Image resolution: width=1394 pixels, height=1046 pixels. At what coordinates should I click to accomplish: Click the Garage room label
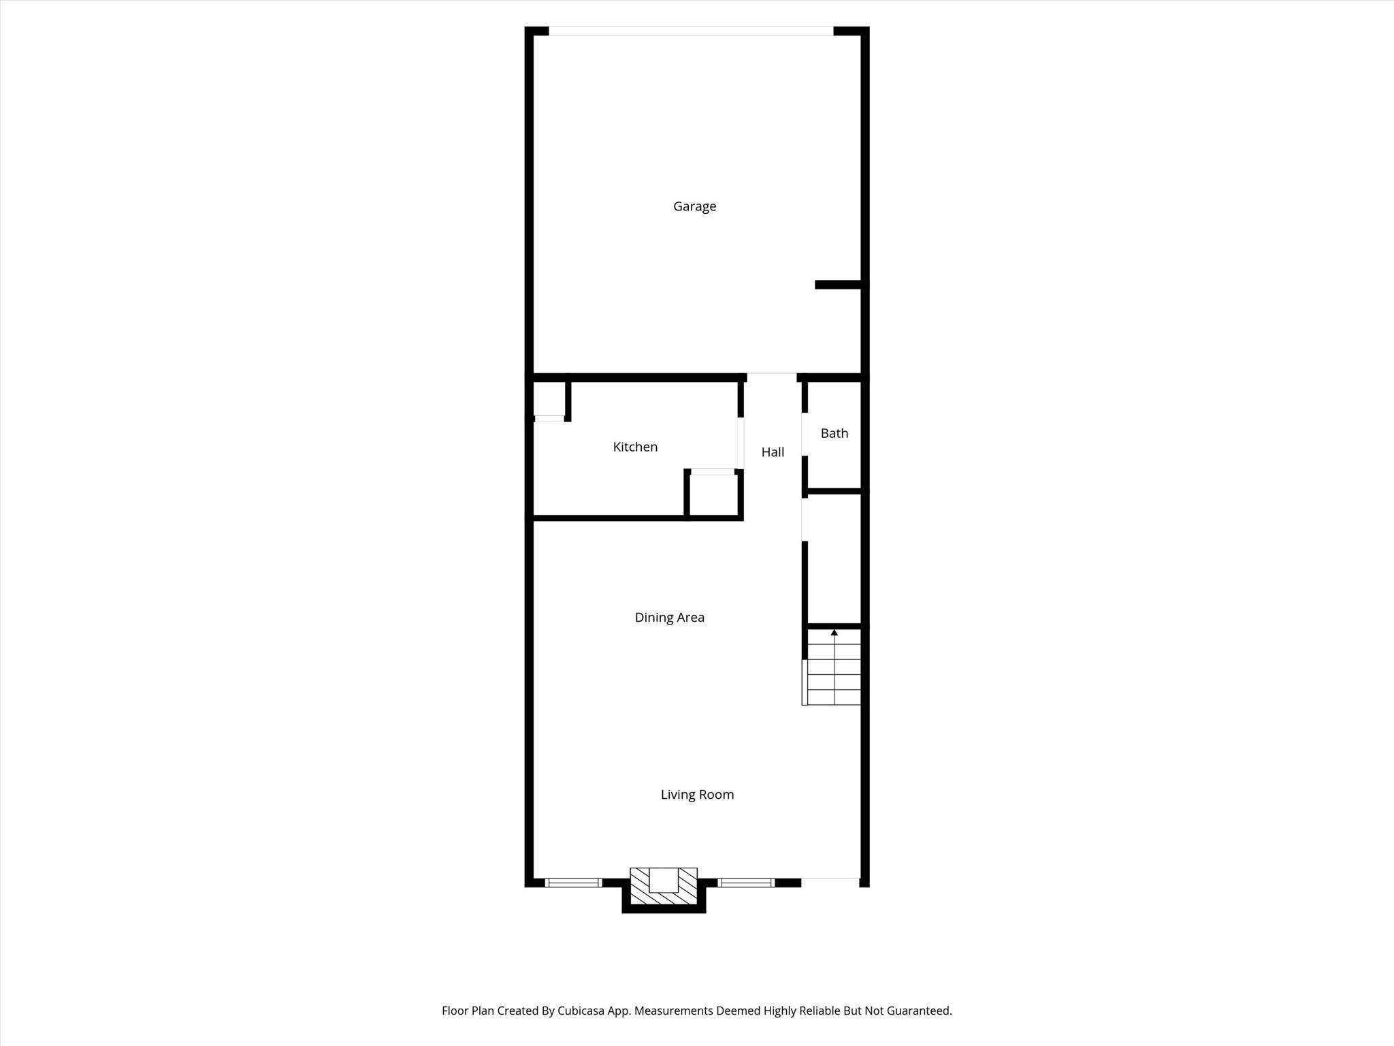(694, 206)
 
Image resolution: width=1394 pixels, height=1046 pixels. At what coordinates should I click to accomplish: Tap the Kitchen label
(635, 447)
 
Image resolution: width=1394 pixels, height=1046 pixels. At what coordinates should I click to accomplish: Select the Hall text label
(773, 452)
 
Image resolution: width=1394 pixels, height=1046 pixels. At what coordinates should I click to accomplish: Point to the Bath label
(834, 433)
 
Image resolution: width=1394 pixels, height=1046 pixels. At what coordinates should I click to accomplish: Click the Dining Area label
(670, 618)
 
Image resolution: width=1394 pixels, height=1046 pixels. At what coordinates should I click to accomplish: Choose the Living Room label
(697, 795)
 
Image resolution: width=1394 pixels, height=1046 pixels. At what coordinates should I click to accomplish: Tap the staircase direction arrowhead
(834, 633)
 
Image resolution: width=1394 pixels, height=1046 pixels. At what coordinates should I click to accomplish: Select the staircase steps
(834, 667)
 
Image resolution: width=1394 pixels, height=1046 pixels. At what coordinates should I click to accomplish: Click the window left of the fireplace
(573, 883)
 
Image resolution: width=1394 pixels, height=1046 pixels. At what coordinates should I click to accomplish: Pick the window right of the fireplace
(746, 883)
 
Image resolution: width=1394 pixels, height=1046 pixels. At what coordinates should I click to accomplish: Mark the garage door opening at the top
(691, 31)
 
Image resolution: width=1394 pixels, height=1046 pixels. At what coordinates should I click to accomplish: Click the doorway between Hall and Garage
(772, 377)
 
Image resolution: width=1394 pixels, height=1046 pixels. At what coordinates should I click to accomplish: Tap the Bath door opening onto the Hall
(805, 434)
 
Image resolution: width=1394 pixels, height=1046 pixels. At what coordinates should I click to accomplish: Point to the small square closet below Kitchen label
(713, 495)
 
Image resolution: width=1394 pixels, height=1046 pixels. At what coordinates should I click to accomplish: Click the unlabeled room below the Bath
(834, 558)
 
